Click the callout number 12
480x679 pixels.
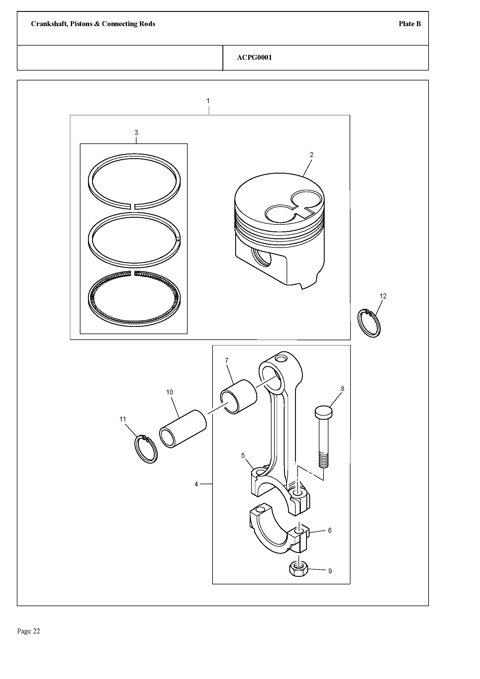(x=383, y=296)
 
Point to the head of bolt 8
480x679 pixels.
(x=323, y=412)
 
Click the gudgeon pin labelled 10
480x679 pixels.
(x=182, y=428)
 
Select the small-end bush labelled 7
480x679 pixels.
(x=239, y=396)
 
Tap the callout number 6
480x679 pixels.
(x=330, y=530)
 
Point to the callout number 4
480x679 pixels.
(x=196, y=485)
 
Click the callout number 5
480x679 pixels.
(x=243, y=455)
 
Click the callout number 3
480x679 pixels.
(x=136, y=132)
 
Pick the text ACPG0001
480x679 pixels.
(x=254, y=58)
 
